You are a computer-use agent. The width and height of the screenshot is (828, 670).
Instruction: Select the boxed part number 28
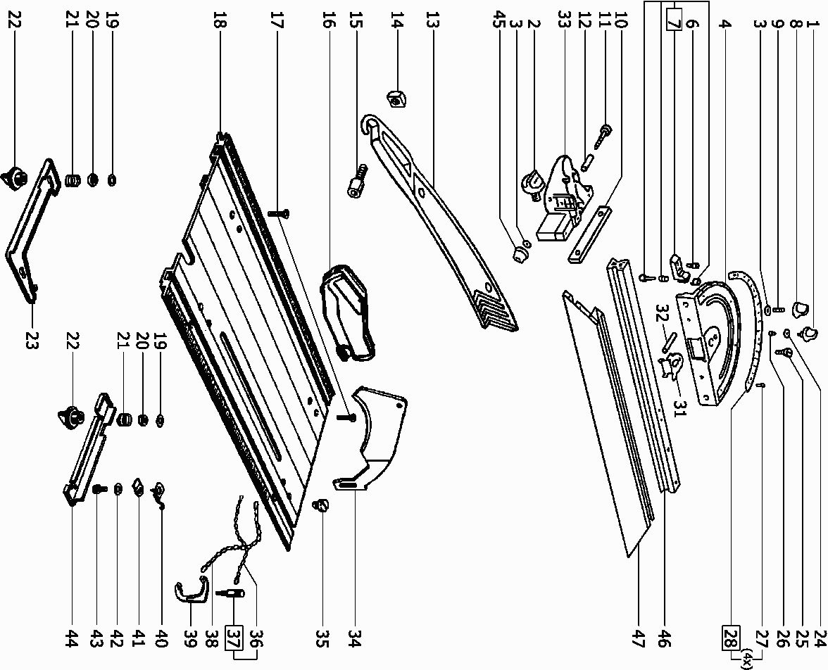click(730, 638)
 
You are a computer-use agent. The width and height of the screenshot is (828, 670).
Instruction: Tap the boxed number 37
click(233, 639)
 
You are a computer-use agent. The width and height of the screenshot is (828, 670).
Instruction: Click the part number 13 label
click(432, 23)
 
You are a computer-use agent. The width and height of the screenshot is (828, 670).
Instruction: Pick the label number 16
click(326, 23)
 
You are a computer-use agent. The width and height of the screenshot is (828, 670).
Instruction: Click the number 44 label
click(71, 639)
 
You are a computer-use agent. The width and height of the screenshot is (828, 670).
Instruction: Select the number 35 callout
click(322, 639)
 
